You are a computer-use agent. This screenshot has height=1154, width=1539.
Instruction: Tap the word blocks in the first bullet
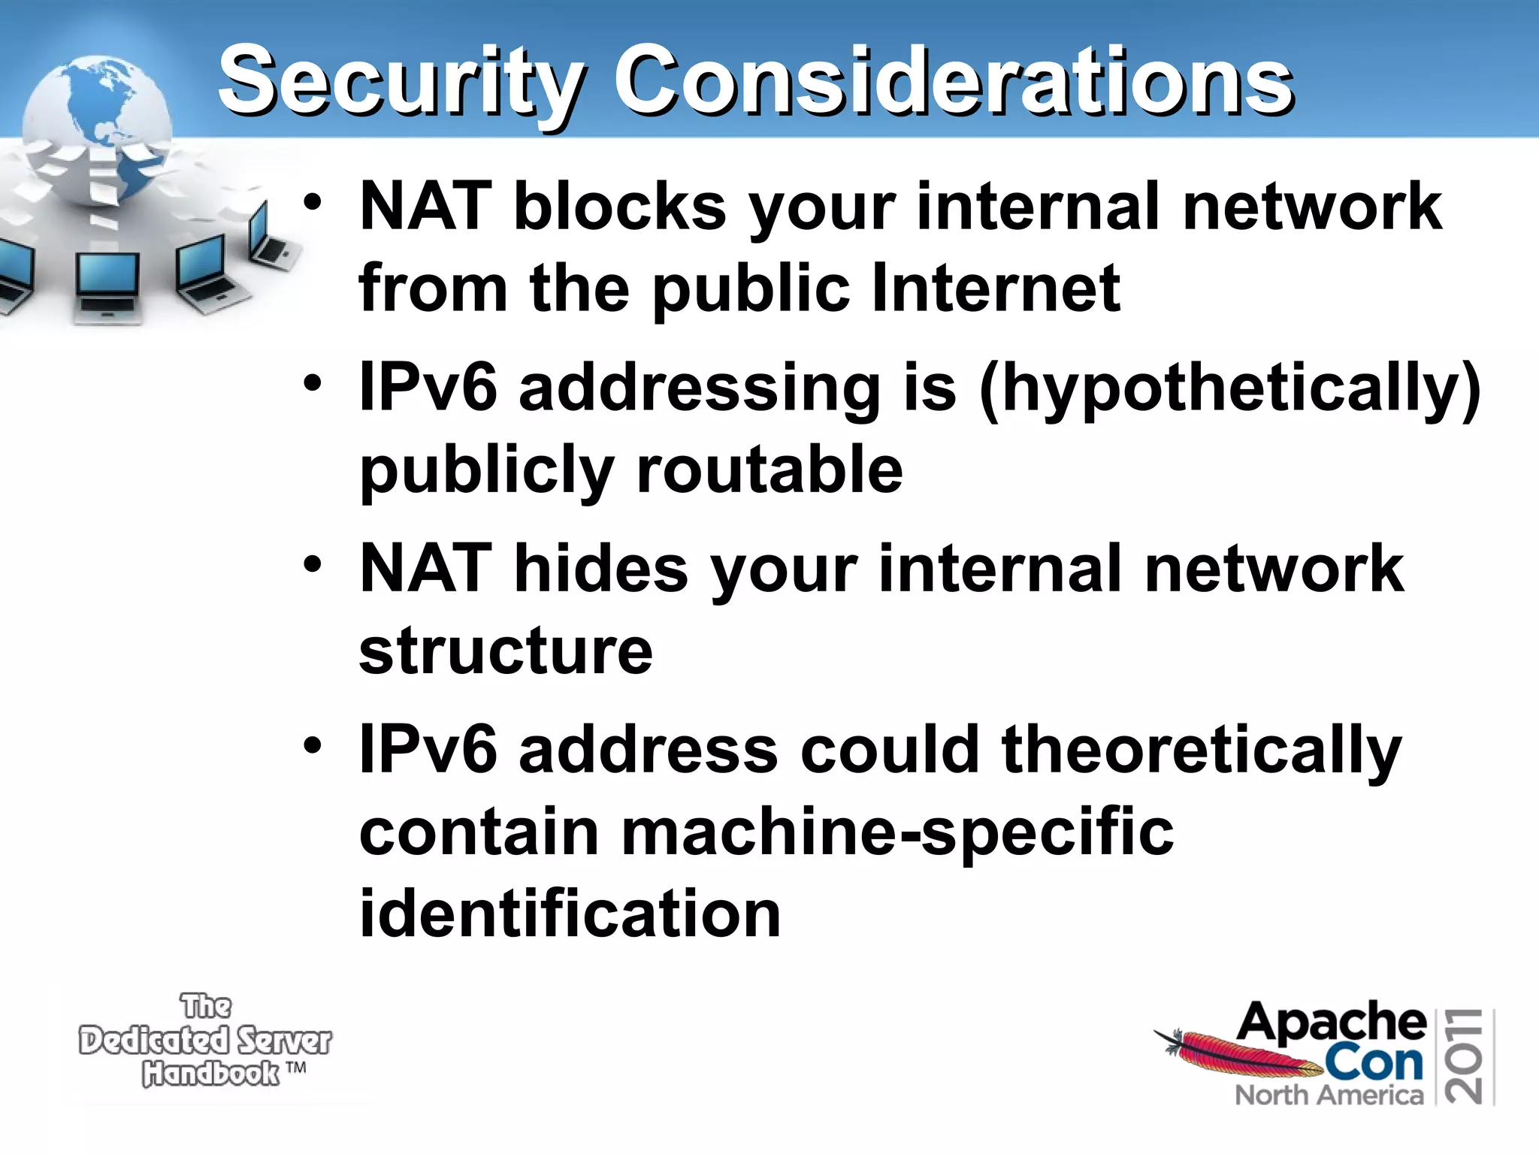pos(619,206)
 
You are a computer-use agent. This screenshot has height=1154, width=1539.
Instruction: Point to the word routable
pos(769,470)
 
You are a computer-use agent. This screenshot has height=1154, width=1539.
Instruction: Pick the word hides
pos(600,569)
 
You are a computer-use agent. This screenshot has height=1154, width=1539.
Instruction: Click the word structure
pos(506,651)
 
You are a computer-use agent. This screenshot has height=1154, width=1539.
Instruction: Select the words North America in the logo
pos(1329,1095)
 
